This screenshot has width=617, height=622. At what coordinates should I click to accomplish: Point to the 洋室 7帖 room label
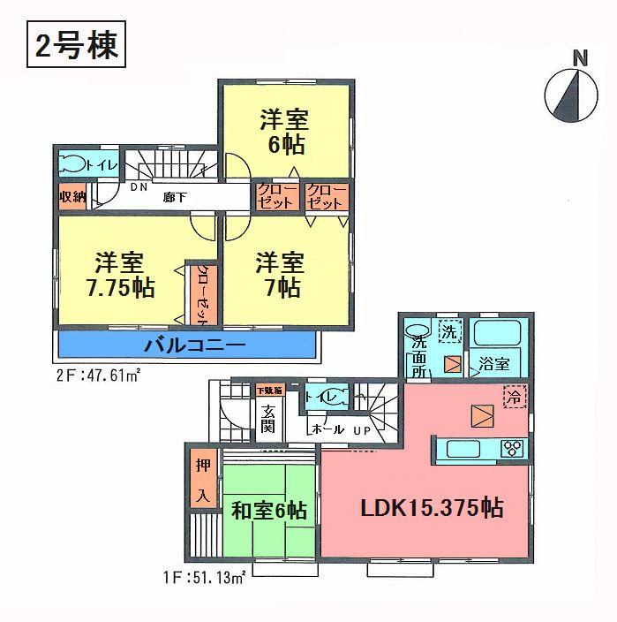pos(281,276)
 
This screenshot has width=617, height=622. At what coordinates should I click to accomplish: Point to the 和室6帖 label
pos(269,511)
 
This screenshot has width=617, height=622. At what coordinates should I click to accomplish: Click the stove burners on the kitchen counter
pos(511,448)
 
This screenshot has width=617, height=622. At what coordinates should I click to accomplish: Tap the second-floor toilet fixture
pos(76,163)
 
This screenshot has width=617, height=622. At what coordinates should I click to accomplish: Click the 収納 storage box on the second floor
pos(72,197)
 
